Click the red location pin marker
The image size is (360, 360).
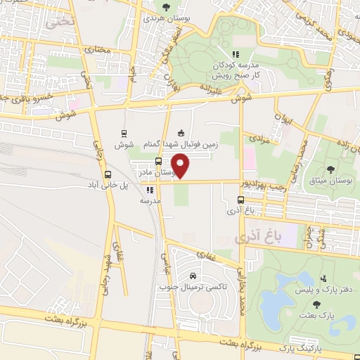point(181,166)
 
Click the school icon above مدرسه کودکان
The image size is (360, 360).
point(236,53)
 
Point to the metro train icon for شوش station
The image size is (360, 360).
point(124,133)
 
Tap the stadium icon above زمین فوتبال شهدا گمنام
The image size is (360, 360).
point(181,133)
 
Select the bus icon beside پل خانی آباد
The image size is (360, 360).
point(108,175)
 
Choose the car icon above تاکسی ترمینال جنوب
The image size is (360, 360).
point(192,274)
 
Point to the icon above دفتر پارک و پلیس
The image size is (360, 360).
point(323,279)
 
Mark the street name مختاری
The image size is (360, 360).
point(96,50)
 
